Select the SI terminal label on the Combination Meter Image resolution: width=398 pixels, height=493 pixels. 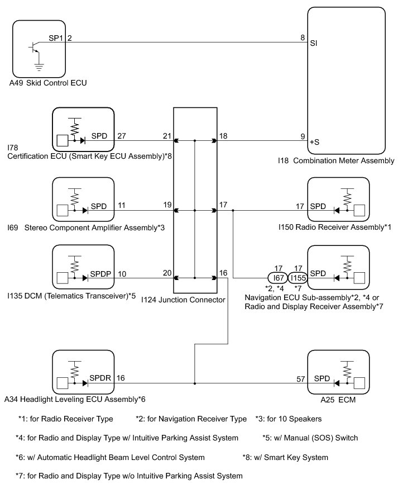click(314, 48)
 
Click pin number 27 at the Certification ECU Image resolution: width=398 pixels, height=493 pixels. click(122, 135)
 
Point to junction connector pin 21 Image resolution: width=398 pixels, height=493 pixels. click(167, 135)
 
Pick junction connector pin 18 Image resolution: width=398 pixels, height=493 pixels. click(223, 135)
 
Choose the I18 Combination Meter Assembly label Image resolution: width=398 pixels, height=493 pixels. click(336, 160)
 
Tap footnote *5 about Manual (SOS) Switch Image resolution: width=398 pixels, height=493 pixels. click(310, 438)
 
